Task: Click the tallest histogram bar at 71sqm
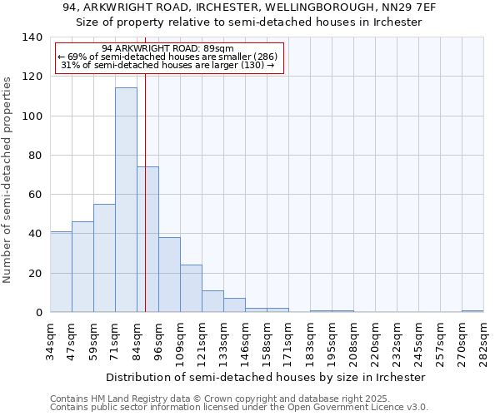tap(126, 200)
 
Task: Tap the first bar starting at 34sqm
tap(61, 272)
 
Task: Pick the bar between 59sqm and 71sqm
tap(104, 258)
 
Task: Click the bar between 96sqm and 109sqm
tap(169, 275)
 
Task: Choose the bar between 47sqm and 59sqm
tap(82, 267)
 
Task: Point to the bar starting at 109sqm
tap(191, 289)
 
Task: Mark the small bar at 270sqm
tap(472, 311)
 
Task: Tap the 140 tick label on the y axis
tap(32, 37)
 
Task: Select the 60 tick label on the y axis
tap(35, 195)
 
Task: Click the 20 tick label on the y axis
tap(35, 273)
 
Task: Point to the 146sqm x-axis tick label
tap(245, 343)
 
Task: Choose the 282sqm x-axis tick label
tap(483, 343)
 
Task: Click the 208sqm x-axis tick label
tap(353, 343)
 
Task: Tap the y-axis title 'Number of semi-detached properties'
tap(8, 179)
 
